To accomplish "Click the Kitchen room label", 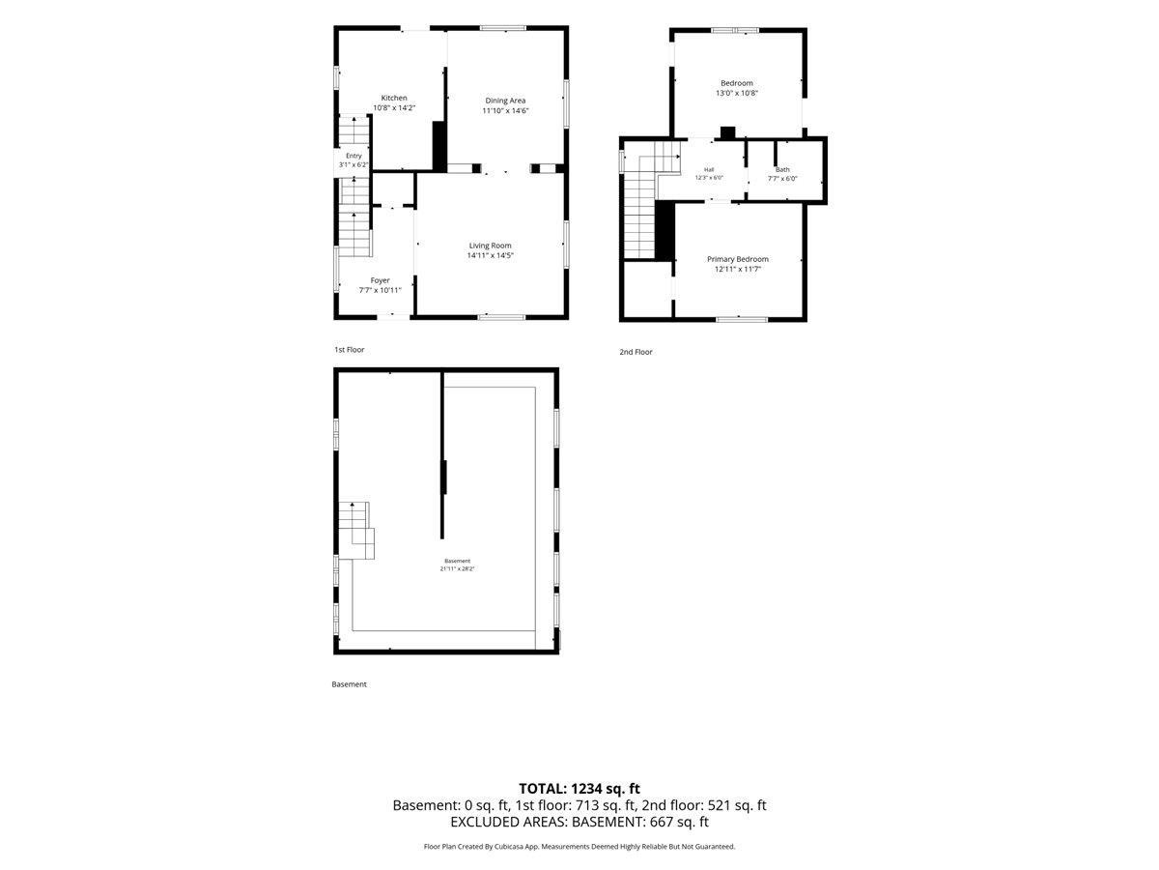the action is tap(394, 98).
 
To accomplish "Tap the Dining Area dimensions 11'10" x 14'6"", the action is tap(505, 110).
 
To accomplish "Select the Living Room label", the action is tap(490, 246).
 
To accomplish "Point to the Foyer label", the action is tap(381, 280).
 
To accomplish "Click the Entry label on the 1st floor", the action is tap(353, 156).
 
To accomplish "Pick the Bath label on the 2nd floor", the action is tap(782, 169).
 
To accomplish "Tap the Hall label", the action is tap(709, 169).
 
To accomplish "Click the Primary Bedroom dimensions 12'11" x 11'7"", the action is tap(738, 269).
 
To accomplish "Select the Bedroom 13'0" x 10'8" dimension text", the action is tap(737, 93).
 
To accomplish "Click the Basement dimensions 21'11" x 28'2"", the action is tap(457, 569).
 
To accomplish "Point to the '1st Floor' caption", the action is tap(349, 350).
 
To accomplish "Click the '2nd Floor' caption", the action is tap(636, 352).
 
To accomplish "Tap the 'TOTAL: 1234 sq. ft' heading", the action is tap(579, 789).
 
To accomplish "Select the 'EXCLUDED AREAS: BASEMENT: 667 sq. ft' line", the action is tap(579, 822).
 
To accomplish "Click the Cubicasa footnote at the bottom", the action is tap(579, 847).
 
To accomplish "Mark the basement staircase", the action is tap(356, 531).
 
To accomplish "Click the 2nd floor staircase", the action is tap(651, 200).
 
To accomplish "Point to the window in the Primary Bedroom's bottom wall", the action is tap(742, 319).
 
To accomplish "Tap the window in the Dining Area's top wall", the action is tap(503, 28).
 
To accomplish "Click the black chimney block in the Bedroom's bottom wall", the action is tap(728, 133).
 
